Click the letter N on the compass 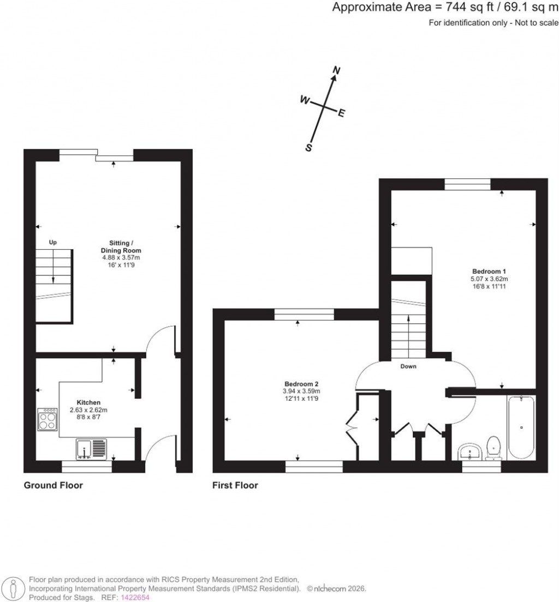click(x=337, y=70)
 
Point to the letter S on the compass click(x=308, y=148)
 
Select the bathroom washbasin click(x=469, y=451)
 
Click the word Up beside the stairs click(x=53, y=242)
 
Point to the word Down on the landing click(x=408, y=366)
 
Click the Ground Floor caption click(x=53, y=485)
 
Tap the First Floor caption click(x=235, y=485)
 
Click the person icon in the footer click(x=14, y=588)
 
